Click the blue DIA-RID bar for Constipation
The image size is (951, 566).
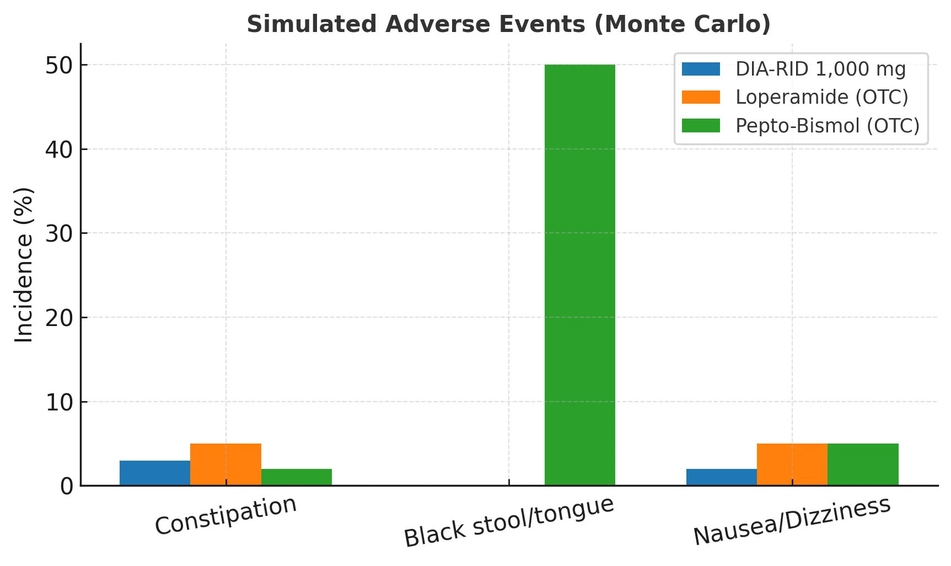tap(155, 473)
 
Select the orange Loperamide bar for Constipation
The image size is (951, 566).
tap(225, 464)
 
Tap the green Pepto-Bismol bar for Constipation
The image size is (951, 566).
tap(297, 477)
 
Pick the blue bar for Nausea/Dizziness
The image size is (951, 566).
tap(721, 477)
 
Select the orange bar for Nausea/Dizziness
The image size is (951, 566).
tap(792, 464)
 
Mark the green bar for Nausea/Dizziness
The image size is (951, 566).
tap(863, 464)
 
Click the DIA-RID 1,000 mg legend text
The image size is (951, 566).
tap(820, 69)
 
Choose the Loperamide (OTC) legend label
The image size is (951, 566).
tap(821, 97)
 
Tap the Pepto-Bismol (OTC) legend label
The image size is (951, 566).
tap(828, 126)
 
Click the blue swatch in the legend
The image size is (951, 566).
tap(701, 69)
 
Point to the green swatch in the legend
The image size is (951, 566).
tap(701, 126)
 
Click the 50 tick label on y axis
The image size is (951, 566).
tap(58, 65)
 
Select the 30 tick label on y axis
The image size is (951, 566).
tap(58, 234)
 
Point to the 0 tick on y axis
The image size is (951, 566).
tap(66, 487)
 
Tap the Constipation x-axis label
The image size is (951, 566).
tap(225, 515)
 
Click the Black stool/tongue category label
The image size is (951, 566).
tap(508, 521)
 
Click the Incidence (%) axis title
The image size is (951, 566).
tap(24, 265)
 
